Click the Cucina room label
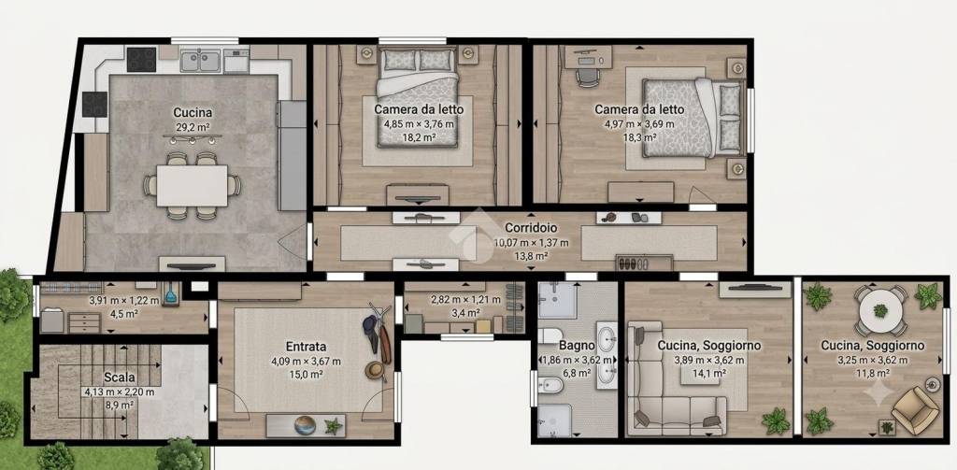click(193, 112)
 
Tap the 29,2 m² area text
click(193, 128)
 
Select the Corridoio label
click(531, 228)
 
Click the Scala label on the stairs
click(119, 377)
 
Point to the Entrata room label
click(306, 347)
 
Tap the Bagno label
click(576, 346)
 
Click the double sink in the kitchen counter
click(200, 61)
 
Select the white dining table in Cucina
click(192, 186)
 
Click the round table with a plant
click(880, 311)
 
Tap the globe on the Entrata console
click(305, 425)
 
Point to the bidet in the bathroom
click(546, 385)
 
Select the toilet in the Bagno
click(550, 336)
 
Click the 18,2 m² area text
click(419, 137)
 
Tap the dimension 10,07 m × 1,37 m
click(531, 242)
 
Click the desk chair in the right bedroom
click(587, 77)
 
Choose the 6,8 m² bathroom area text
click(576, 372)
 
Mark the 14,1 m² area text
click(708, 372)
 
